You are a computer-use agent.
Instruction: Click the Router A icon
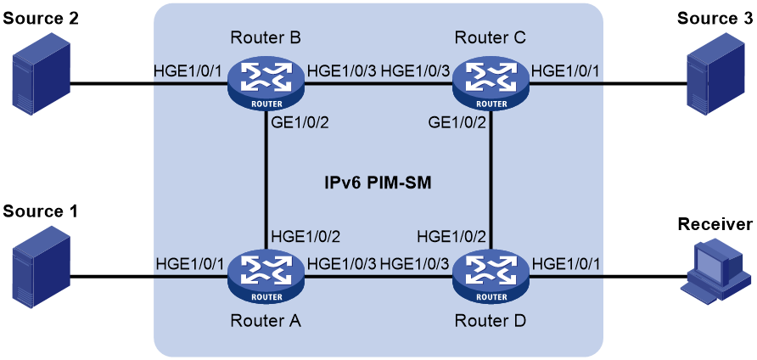[x=266, y=278]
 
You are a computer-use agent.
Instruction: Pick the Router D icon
[x=491, y=278]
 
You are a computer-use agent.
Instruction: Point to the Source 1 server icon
[x=42, y=268]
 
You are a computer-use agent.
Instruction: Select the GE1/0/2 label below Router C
[x=457, y=124]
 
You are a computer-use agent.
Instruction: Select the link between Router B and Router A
[x=266, y=183]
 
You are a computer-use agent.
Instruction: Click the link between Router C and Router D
[x=491, y=183]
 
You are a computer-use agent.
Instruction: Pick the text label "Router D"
[x=491, y=320]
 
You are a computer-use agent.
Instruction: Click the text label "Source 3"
[x=715, y=18]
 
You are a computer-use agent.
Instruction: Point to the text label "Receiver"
[x=715, y=224]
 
